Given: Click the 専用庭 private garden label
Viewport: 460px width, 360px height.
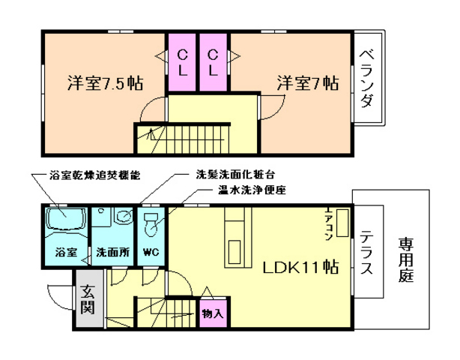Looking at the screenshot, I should pyautogui.click(x=405, y=259).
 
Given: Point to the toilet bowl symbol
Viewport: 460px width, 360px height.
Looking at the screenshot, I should pyautogui.click(x=151, y=223).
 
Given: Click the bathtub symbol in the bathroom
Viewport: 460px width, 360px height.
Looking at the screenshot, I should pyautogui.click(x=64, y=222).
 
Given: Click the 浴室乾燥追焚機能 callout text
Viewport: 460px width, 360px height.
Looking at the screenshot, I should pyautogui.click(x=91, y=175).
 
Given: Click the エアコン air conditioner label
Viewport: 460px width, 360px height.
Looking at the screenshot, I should pyautogui.click(x=330, y=223).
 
